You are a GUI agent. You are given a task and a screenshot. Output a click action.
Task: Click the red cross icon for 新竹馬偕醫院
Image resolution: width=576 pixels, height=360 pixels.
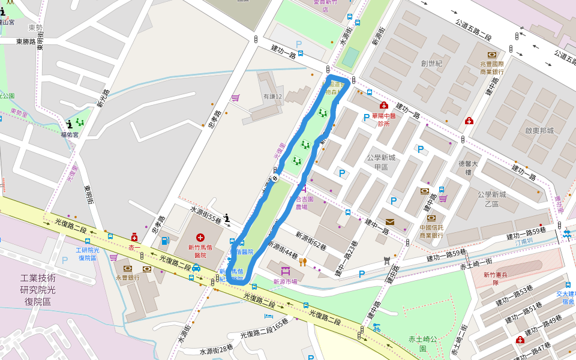point(200,238)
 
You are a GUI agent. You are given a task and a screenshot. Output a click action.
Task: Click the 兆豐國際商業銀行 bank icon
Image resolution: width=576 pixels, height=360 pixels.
point(492,55)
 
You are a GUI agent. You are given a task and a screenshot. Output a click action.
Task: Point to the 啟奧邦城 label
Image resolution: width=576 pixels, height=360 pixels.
point(539,131)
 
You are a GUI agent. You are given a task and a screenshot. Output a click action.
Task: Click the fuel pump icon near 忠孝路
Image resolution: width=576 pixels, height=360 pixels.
point(165,241)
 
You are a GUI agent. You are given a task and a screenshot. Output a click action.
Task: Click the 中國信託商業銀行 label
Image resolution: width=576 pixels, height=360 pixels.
point(431,231)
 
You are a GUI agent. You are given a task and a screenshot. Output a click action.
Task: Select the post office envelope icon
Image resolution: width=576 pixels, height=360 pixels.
point(390,222)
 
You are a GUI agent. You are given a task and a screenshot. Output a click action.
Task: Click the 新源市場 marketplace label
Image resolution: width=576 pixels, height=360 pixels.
point(285,281)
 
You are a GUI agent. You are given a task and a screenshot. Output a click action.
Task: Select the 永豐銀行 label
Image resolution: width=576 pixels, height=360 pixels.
point(128,278)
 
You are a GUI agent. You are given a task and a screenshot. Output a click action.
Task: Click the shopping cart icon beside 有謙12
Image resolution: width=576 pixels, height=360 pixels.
point(236,97)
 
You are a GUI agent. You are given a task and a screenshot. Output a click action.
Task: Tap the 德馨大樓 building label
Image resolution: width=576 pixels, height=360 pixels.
point(468,167)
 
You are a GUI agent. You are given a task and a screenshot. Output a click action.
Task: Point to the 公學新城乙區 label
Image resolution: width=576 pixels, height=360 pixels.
point(492,199)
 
